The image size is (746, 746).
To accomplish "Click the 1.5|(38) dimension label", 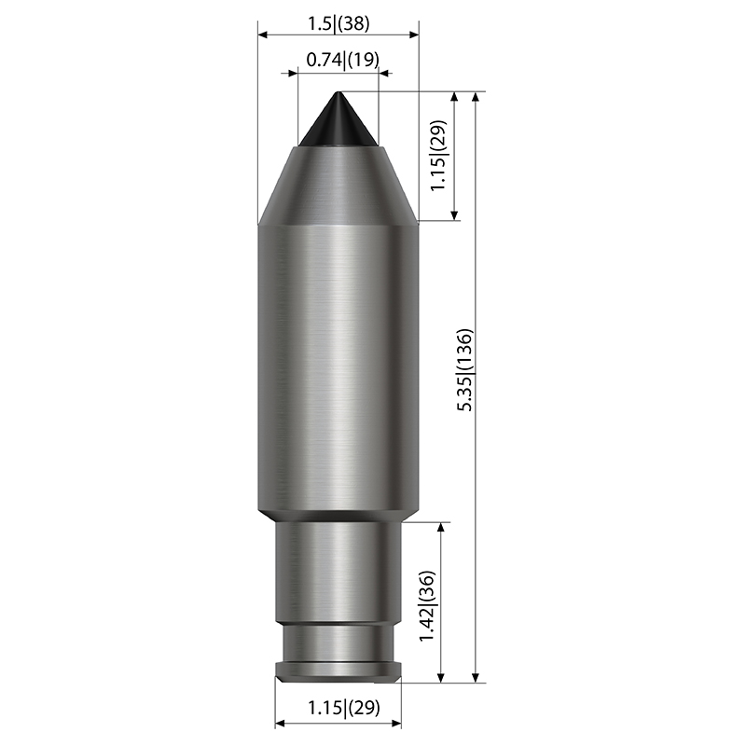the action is point(338,23).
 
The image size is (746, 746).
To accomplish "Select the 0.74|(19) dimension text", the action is point(342,60).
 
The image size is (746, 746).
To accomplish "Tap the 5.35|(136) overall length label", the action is point(464,369).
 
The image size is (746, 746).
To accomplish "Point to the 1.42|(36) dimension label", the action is point(427,605).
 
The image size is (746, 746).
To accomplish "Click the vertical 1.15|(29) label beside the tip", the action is point(438,156).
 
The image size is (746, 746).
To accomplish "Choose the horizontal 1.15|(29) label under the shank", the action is point(344,708).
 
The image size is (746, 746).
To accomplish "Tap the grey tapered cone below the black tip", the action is point(338,186).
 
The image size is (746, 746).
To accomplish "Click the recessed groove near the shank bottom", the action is point(338,642).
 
